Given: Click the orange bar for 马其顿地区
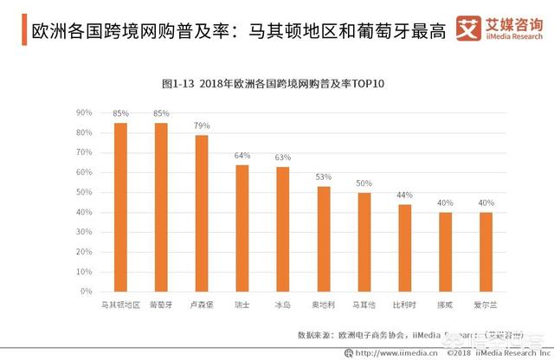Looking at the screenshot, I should point(121,207).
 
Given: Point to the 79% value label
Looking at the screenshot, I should point(202,125).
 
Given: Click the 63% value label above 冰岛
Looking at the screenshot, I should point(283,157).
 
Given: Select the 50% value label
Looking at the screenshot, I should point(364,183).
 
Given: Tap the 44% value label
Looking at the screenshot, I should point(404,196).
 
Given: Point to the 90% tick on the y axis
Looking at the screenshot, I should point(84,113).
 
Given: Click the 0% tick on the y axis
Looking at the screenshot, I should point(87,292).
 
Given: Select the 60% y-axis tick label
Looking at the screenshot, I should point(84,173).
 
